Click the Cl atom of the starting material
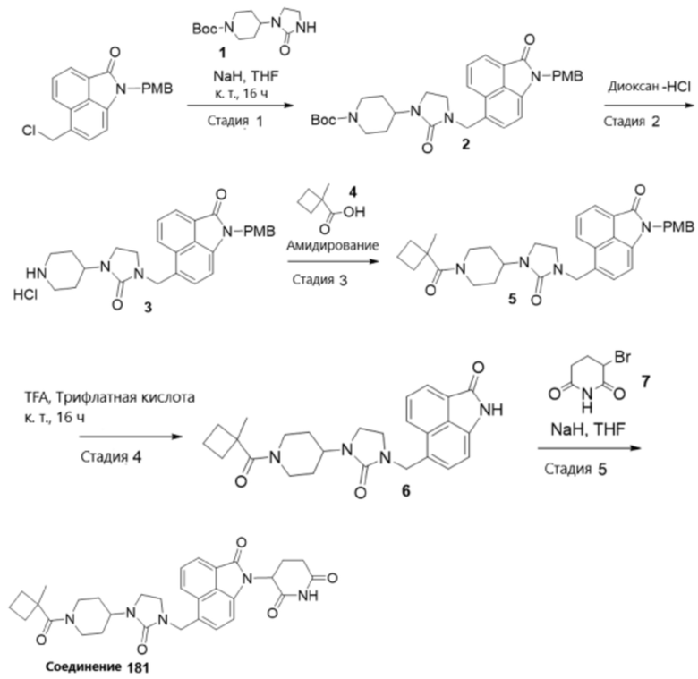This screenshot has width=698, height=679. tap(29, 131)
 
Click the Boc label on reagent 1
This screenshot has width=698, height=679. tap(205, 29)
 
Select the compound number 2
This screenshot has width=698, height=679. tap(465, 144)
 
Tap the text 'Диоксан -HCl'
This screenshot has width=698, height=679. tap(650, 87)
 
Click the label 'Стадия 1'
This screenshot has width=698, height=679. tap(235, 121)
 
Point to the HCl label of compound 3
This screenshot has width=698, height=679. tap(25, 294)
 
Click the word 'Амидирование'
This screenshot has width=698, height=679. tap(333, 245)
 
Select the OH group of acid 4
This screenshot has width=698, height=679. tap(354, 212)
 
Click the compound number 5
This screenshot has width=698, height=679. tap(513, 299)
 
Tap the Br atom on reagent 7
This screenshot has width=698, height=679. tap(622, 357)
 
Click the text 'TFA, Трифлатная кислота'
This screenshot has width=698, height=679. tap(109, 397)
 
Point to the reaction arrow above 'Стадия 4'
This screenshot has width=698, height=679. tap(131, 437)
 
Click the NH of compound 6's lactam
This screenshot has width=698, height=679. tap(492, 410)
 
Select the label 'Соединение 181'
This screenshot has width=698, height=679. tap(98, 667)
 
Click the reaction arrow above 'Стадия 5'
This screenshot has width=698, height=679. tap(590, 448)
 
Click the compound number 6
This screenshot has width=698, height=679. tap(406, 491)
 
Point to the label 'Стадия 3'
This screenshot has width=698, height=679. tap(319, 280)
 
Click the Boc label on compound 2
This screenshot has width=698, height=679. tap(324, 120)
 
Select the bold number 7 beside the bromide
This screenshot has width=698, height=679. tap(645, 381)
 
